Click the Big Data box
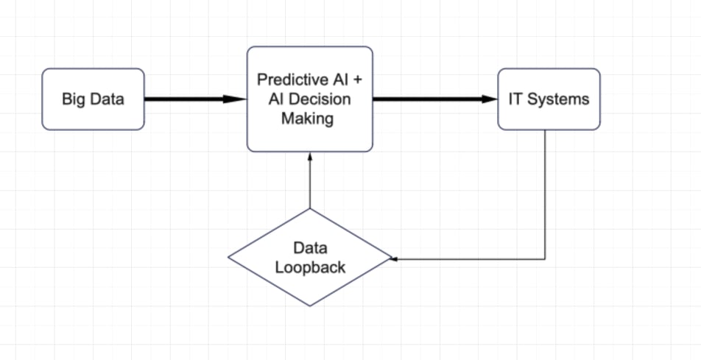click(93, 99)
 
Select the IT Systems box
click(549, 99)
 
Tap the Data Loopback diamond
click(310, 258)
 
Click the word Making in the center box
click(307, 119)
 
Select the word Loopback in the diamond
click(310, 267)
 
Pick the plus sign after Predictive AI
click(357, 80)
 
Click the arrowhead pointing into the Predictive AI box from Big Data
click(235, 99)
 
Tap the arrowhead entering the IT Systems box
click(490, 99)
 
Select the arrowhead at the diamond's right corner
click(394, 258)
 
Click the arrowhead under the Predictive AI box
click(310, 156)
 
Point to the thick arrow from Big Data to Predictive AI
click(196, 99)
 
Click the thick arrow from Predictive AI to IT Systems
click(435, 99)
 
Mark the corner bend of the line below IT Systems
click(545, 259)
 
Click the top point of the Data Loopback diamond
click(310, 209)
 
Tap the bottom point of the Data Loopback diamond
click(310, 306)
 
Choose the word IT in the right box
click(515, 99)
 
